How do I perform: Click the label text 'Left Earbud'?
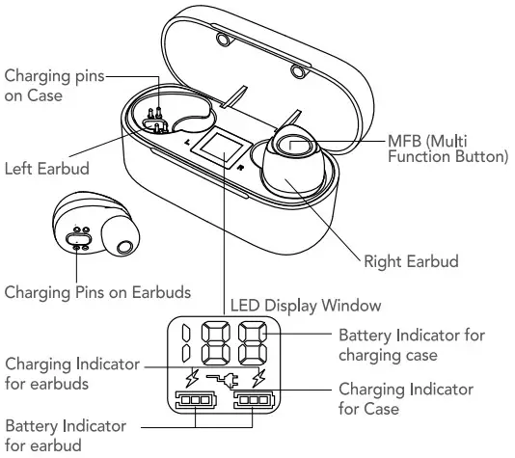tap(46, 169)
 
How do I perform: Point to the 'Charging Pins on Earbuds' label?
tap(97, 289)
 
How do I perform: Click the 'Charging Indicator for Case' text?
tap(406, 398)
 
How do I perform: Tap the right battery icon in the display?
tap(254, 401)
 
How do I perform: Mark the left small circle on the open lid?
tap(225, 39)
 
